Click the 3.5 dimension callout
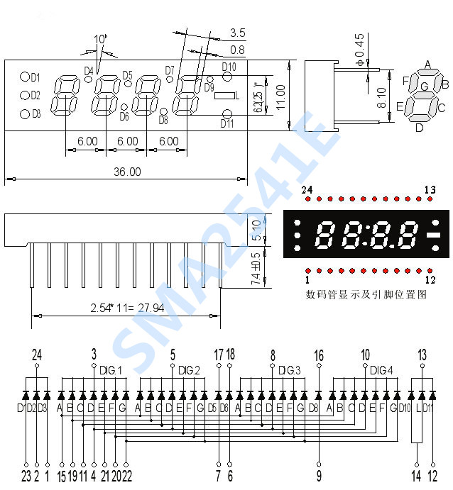pyautogui.click(x=237, y=33)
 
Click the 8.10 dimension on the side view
pyautogui.click(x=381, y=98)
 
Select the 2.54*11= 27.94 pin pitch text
pyautogui.click(x=126, y=308)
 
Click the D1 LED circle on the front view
pyautogui.click(x=24, y=77)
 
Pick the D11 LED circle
pyautogui.click(x=227, y=115)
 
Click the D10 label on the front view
pyautogui.click(x=229, y=67)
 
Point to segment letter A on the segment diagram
pyautogui.click(x=427, y=65)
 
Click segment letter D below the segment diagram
pyautogui.click(x=419, y=128)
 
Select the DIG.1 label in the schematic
pyautogui.click(x=110, y=370)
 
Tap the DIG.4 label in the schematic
pyautogui.click(x=381, y=370)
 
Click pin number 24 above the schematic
pyautogui.click(x=37, y=354)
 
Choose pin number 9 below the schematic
pyautogui.click(x=319, y=476)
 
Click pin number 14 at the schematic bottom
pyautogui.click(x=416, y=476)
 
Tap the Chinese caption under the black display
pyautogui.click(x=366, y=294)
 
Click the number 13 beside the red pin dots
pyautogui.click(x=430, y=189)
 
